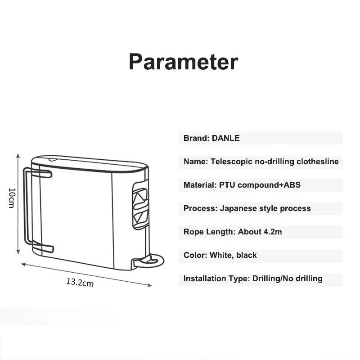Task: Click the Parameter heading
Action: [x=183, y=62]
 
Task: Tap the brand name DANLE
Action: [x=226, y=138]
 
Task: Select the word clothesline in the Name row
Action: [x=318, y=162]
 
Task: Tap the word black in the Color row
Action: [x=247, y=255]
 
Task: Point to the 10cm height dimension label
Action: [x=12, y=198]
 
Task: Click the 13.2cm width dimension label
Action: [x=80, y=282]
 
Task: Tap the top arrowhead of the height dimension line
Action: [x=18, y=156]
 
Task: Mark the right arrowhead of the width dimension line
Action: [x=150, y=285]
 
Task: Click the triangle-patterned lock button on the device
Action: [x=140, y=206]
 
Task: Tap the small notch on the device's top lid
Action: [x=52, y=159]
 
